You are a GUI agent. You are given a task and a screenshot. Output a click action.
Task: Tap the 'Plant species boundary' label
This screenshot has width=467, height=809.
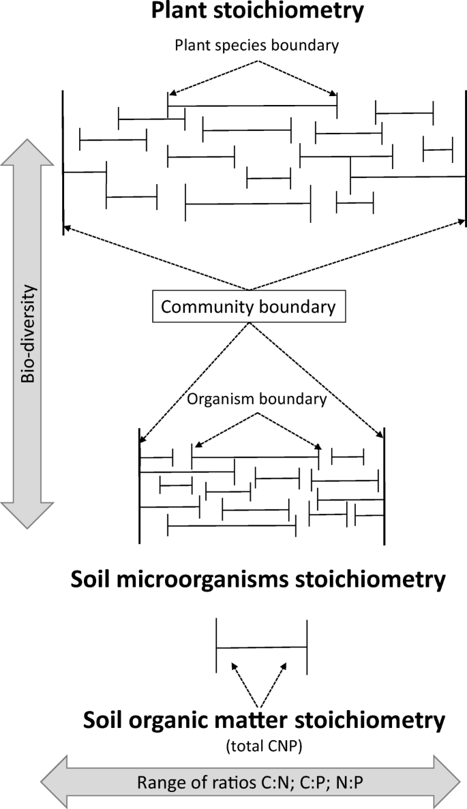point(257,46)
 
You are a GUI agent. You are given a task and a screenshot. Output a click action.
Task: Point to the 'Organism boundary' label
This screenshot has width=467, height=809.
point(256,399)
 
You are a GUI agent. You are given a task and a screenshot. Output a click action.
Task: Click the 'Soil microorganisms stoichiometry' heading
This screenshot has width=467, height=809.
point(257,581)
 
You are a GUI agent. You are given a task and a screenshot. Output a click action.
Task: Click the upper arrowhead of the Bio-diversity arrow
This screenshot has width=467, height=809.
point(27,151)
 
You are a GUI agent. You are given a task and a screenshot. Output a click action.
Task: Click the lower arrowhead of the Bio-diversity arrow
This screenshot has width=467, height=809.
point(27,515)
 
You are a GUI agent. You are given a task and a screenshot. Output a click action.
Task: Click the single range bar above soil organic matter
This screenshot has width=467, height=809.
point(261,647)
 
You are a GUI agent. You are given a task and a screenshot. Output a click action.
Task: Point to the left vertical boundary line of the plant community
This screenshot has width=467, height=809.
point(63,162)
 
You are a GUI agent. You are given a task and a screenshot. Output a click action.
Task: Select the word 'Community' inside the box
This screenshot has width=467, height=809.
point(202,307)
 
